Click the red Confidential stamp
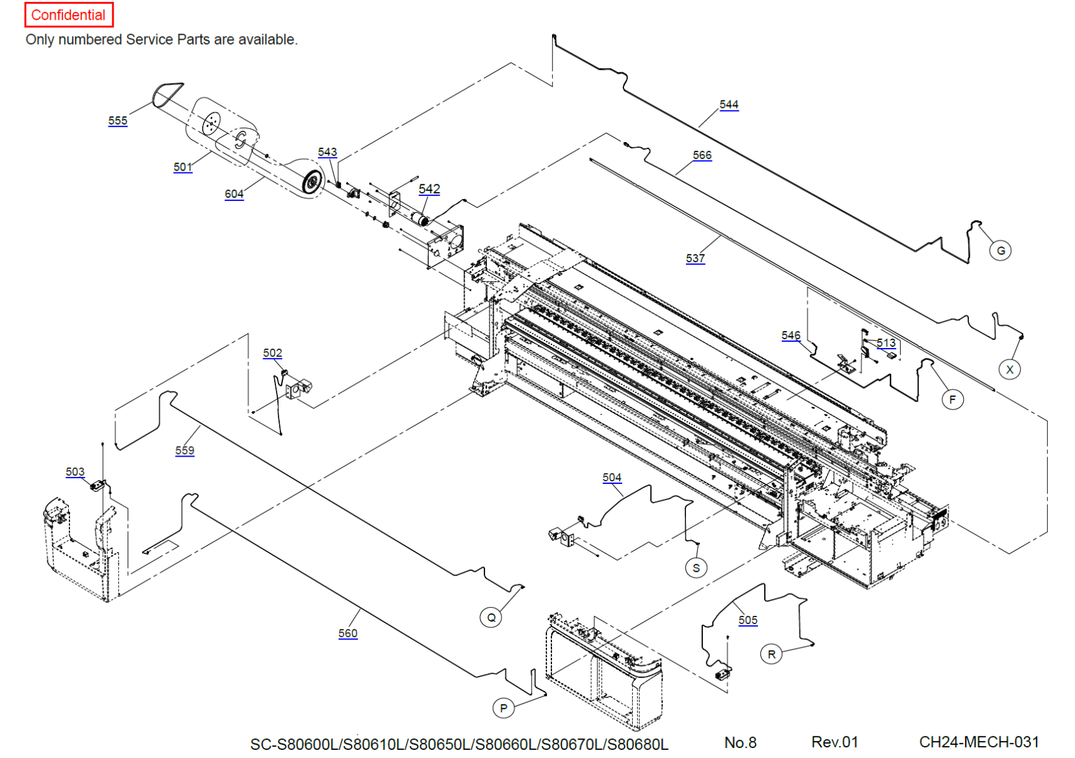pos(68,15)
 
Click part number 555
pos(117,121)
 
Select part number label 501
pos(183,167)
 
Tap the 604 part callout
pos(234,194)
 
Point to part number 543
pos(327,152)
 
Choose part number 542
pos(429,189)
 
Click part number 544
pos(728,104)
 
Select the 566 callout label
pos(702,155)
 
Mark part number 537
pos(695,258)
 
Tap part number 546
pos(790,335)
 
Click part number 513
pos(886,343)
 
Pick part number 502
pos(272,352)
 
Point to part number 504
pos(611,478)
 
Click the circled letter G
pos(1000,251)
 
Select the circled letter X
pos(1009,370)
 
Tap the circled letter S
pos(696,568)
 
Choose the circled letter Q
pos(491,617)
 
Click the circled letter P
pos(503,708)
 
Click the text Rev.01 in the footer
pos(834,742)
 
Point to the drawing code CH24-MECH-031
pos(978,742)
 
